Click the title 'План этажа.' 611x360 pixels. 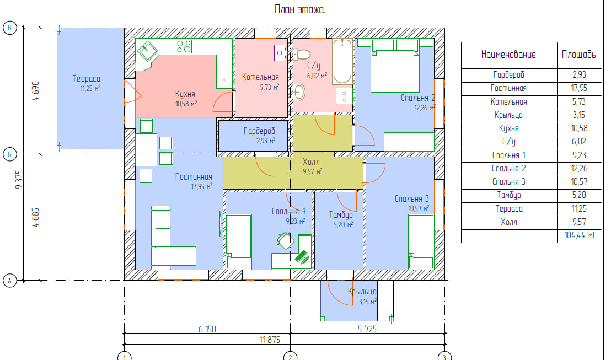pyautogui.click(x=299, y=9)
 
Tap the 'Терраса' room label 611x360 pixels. pyautogui.click(x=86, y=78)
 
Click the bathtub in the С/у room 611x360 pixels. pyautogui.click(x=342, y=62)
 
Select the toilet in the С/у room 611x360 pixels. pyautogui.click(x=301, y=54)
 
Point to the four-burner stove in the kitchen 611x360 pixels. pyautogui.click(x=184, y=46)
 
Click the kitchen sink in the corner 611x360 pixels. pyautogui.click(x=148, y=51)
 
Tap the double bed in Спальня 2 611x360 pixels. pyautogui.click(x=395, y=66)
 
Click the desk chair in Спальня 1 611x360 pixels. pyautogui.click(x=285, y=240)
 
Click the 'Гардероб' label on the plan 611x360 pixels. pyautogui.click(x=259, y=131)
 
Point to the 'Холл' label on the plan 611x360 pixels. pyautogui.click(x=311, y=162)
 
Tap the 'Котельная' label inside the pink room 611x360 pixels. pyautogui.click(x=260, y=77)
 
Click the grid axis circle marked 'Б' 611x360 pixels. pyautogui.click(x=10, y=154)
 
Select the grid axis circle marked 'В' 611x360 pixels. pyautogui.click(x=10, y=28)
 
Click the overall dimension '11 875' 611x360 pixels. pyautogui.click(x=270, y=340)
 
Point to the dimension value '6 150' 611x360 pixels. pyautogui.click(x=207, y=329)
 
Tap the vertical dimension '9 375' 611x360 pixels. pyautogui.click(x=19, y=180)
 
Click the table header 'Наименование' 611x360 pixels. pyautogui.click(x=508, y=55)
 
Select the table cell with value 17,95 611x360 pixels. pyautogui.click(x=579, y=88)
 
